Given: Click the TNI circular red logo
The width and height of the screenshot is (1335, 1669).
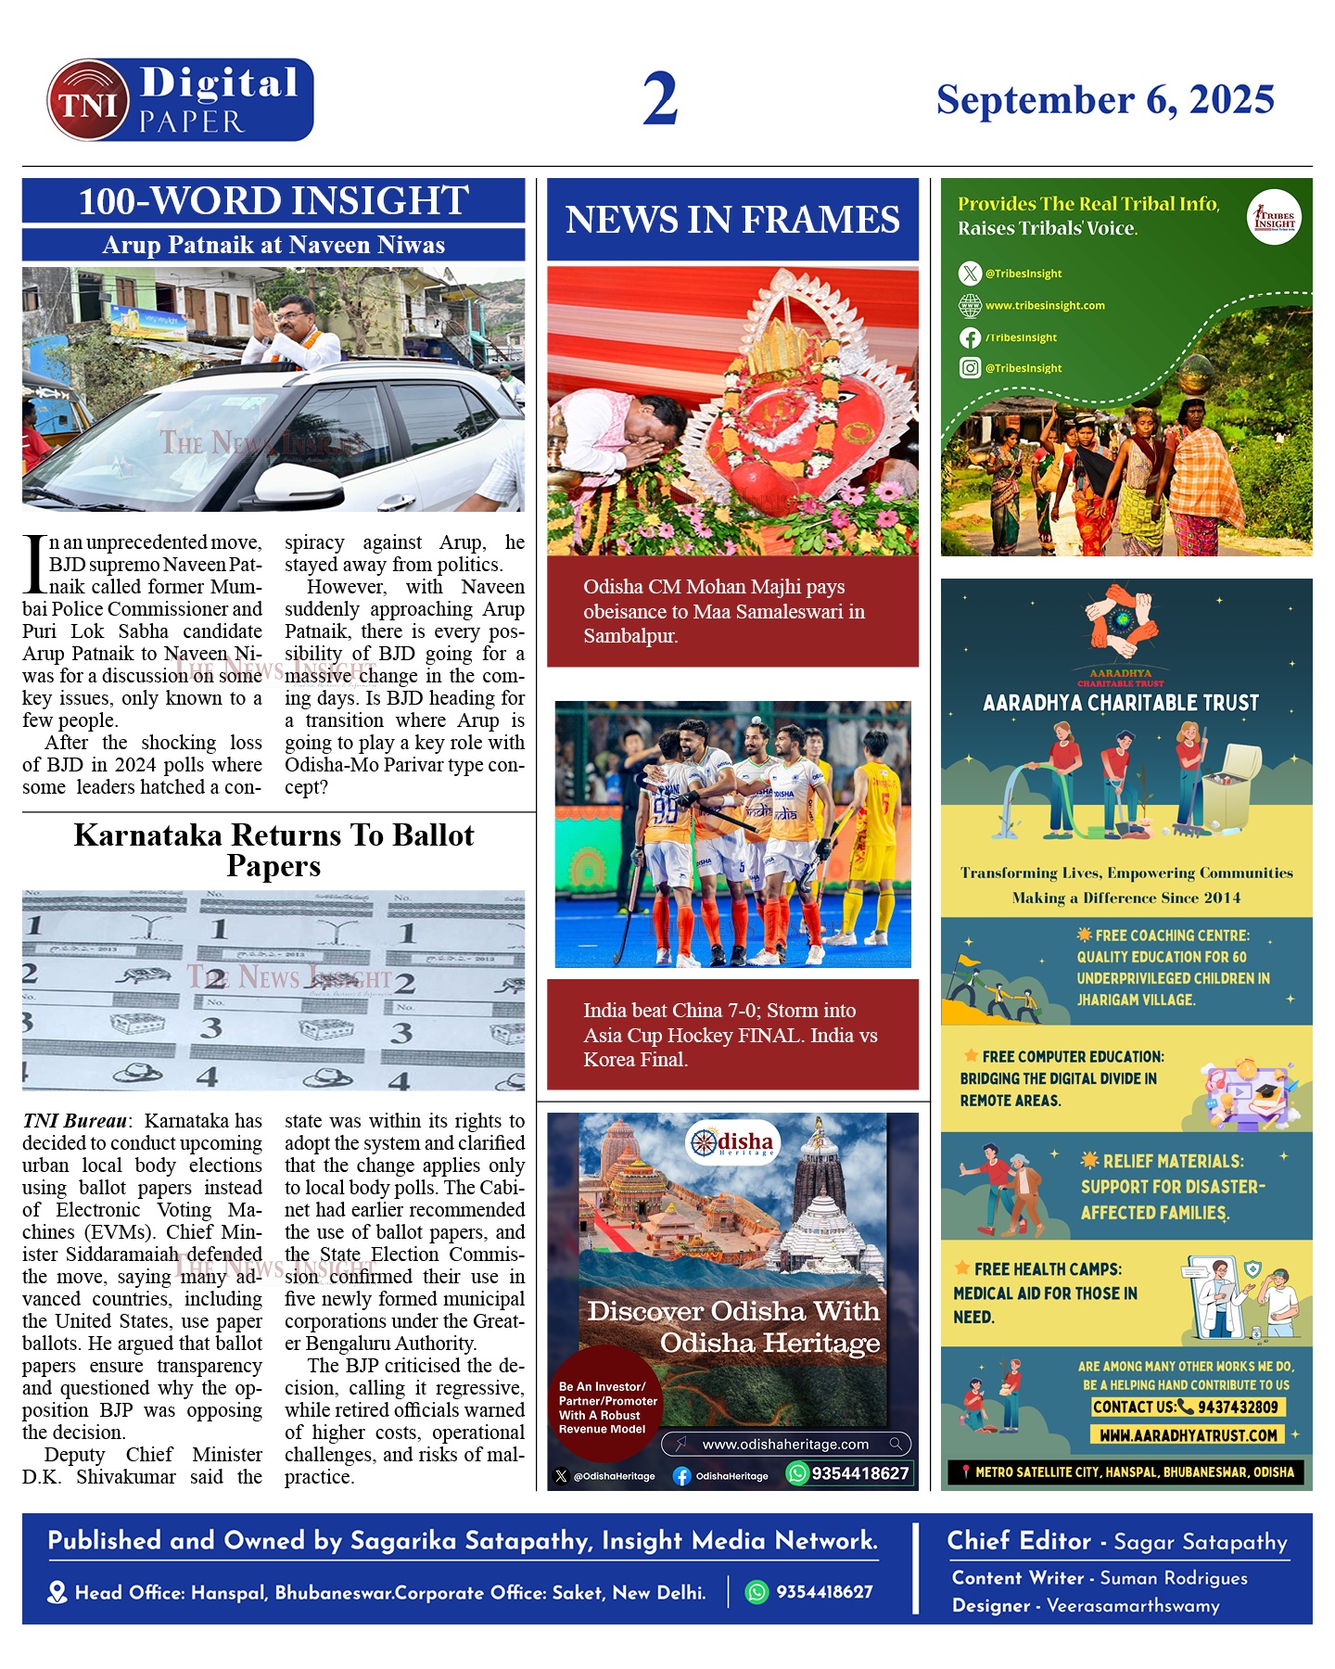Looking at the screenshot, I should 88,101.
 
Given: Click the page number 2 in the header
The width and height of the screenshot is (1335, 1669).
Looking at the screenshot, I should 660,99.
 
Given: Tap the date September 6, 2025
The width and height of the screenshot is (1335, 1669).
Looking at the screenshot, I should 1105,100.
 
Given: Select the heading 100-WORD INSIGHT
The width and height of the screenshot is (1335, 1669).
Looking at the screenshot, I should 273,201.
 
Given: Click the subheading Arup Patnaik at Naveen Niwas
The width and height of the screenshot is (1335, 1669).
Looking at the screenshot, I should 273,245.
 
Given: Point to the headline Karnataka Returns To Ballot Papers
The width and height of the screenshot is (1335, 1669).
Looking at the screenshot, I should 273,849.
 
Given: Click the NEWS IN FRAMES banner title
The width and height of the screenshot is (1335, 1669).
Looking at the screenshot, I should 732,220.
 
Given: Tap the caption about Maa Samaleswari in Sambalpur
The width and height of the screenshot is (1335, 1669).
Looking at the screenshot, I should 723,611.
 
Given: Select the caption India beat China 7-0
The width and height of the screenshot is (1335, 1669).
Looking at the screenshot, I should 730,1035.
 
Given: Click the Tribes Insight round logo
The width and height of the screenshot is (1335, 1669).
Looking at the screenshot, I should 1274,218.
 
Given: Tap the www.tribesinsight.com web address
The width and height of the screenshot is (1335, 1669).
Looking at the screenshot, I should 1045,305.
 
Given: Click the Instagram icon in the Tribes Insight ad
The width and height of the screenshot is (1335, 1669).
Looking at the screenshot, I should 970,368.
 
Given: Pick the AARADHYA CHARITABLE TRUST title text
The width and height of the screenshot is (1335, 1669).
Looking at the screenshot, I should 1121,703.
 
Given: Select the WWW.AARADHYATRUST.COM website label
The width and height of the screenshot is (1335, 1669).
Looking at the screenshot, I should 1189,1435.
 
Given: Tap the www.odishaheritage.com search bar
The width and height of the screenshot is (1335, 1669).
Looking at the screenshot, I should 785,1444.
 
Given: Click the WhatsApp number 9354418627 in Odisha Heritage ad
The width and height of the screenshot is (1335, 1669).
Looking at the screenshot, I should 859,1473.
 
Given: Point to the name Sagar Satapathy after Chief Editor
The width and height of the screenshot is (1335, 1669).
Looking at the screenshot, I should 1200,1542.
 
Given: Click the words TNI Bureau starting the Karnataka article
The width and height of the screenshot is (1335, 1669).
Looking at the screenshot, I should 74,1121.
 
